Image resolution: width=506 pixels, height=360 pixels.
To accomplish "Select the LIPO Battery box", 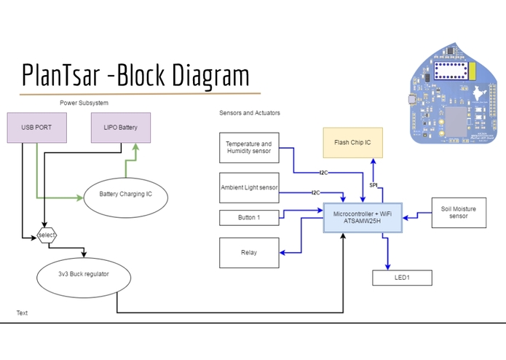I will pos(121,128).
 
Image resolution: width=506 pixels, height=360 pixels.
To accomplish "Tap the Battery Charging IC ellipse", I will pos(125,195).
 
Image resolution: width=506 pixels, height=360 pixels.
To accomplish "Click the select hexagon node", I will pos(47,235).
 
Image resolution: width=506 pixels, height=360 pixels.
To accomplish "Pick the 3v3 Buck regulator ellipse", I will pos(83,276).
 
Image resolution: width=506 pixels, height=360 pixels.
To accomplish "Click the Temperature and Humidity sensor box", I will pos(249,148).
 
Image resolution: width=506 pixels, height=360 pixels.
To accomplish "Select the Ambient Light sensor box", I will pos(249,188).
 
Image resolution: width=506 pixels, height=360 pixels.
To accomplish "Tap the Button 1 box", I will pos(249,217).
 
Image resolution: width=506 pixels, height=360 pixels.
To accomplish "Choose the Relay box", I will pos(249,253).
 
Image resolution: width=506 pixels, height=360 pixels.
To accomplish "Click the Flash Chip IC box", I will pos(352,143).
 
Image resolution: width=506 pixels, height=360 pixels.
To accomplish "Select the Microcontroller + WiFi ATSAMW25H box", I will pos(362,217).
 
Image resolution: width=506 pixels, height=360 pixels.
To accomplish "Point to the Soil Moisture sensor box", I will pos(458,212).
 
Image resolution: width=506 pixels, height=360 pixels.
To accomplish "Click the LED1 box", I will pos(402,278).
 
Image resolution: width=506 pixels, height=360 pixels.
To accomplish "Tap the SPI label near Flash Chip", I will pos(373,185).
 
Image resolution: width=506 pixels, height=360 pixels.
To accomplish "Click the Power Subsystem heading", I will pos(84,103).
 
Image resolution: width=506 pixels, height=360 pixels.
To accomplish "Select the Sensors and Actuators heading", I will pos(250,113).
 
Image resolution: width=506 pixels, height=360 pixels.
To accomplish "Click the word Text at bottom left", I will pos(22,313).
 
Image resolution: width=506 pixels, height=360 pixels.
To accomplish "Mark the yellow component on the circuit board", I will pos(472,71).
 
